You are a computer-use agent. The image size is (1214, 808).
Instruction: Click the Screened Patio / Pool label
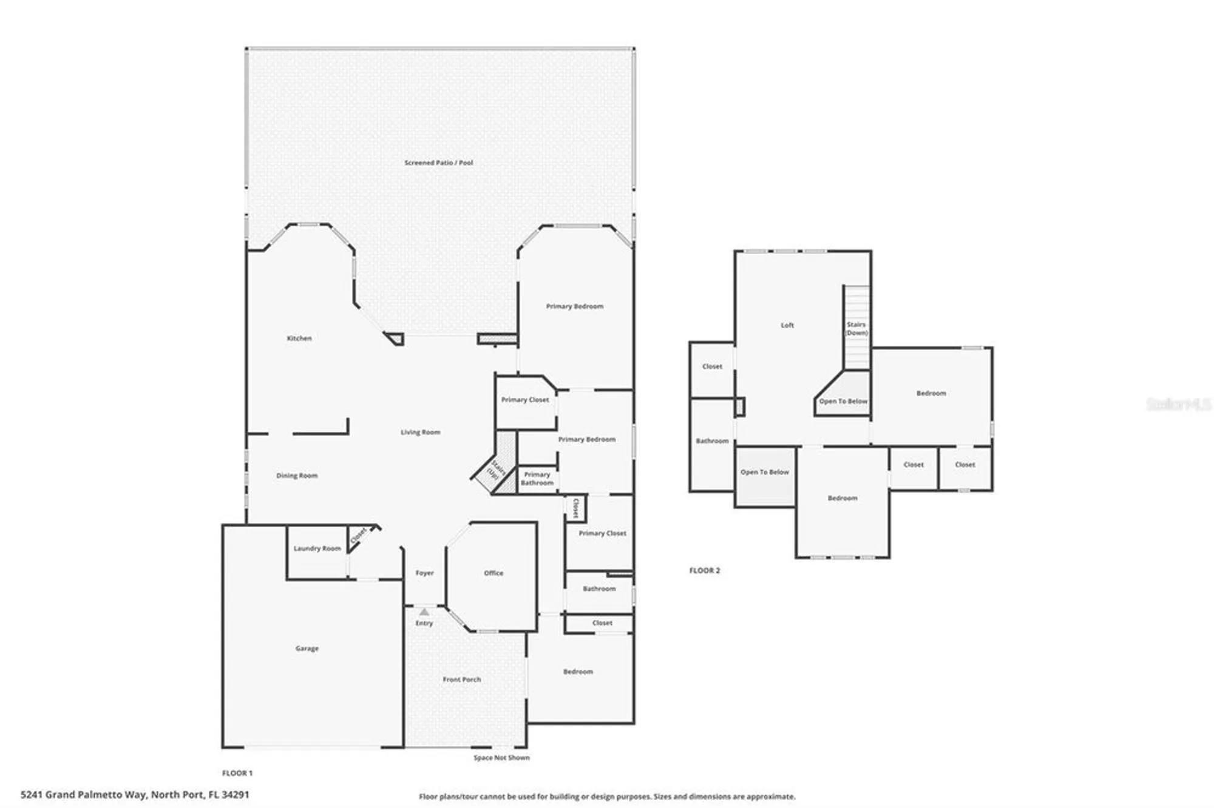(438, 163)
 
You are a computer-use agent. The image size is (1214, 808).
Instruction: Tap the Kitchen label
(299, 338)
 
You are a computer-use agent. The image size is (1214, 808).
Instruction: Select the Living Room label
(420, 432)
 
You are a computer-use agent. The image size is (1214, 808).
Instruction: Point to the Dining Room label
(297, 476)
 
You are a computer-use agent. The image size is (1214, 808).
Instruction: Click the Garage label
(307, 648)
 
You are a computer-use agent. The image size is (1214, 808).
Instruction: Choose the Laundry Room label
(317, 548)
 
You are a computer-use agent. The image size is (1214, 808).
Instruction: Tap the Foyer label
(424, 573)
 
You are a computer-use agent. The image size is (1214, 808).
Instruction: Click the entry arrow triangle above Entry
(424, 612)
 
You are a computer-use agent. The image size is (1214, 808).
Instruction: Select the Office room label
(493, 573)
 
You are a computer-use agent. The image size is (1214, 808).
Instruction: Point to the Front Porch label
(461, 679)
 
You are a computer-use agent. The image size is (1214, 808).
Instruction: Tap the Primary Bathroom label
(537, 479)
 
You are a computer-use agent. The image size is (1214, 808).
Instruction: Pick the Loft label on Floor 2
(787, 325)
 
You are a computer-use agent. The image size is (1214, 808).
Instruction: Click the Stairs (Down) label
(856, 329)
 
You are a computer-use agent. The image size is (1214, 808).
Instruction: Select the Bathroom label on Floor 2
(711, 441)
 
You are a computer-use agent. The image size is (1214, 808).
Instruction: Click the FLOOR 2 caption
(704, 570)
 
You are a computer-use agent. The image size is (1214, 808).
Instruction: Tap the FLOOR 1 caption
(237, 773)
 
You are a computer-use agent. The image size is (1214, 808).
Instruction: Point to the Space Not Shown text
(501, 758)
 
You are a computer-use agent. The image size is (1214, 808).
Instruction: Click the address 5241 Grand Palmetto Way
(135, 794)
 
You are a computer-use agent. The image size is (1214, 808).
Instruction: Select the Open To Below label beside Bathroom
(764, 472)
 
